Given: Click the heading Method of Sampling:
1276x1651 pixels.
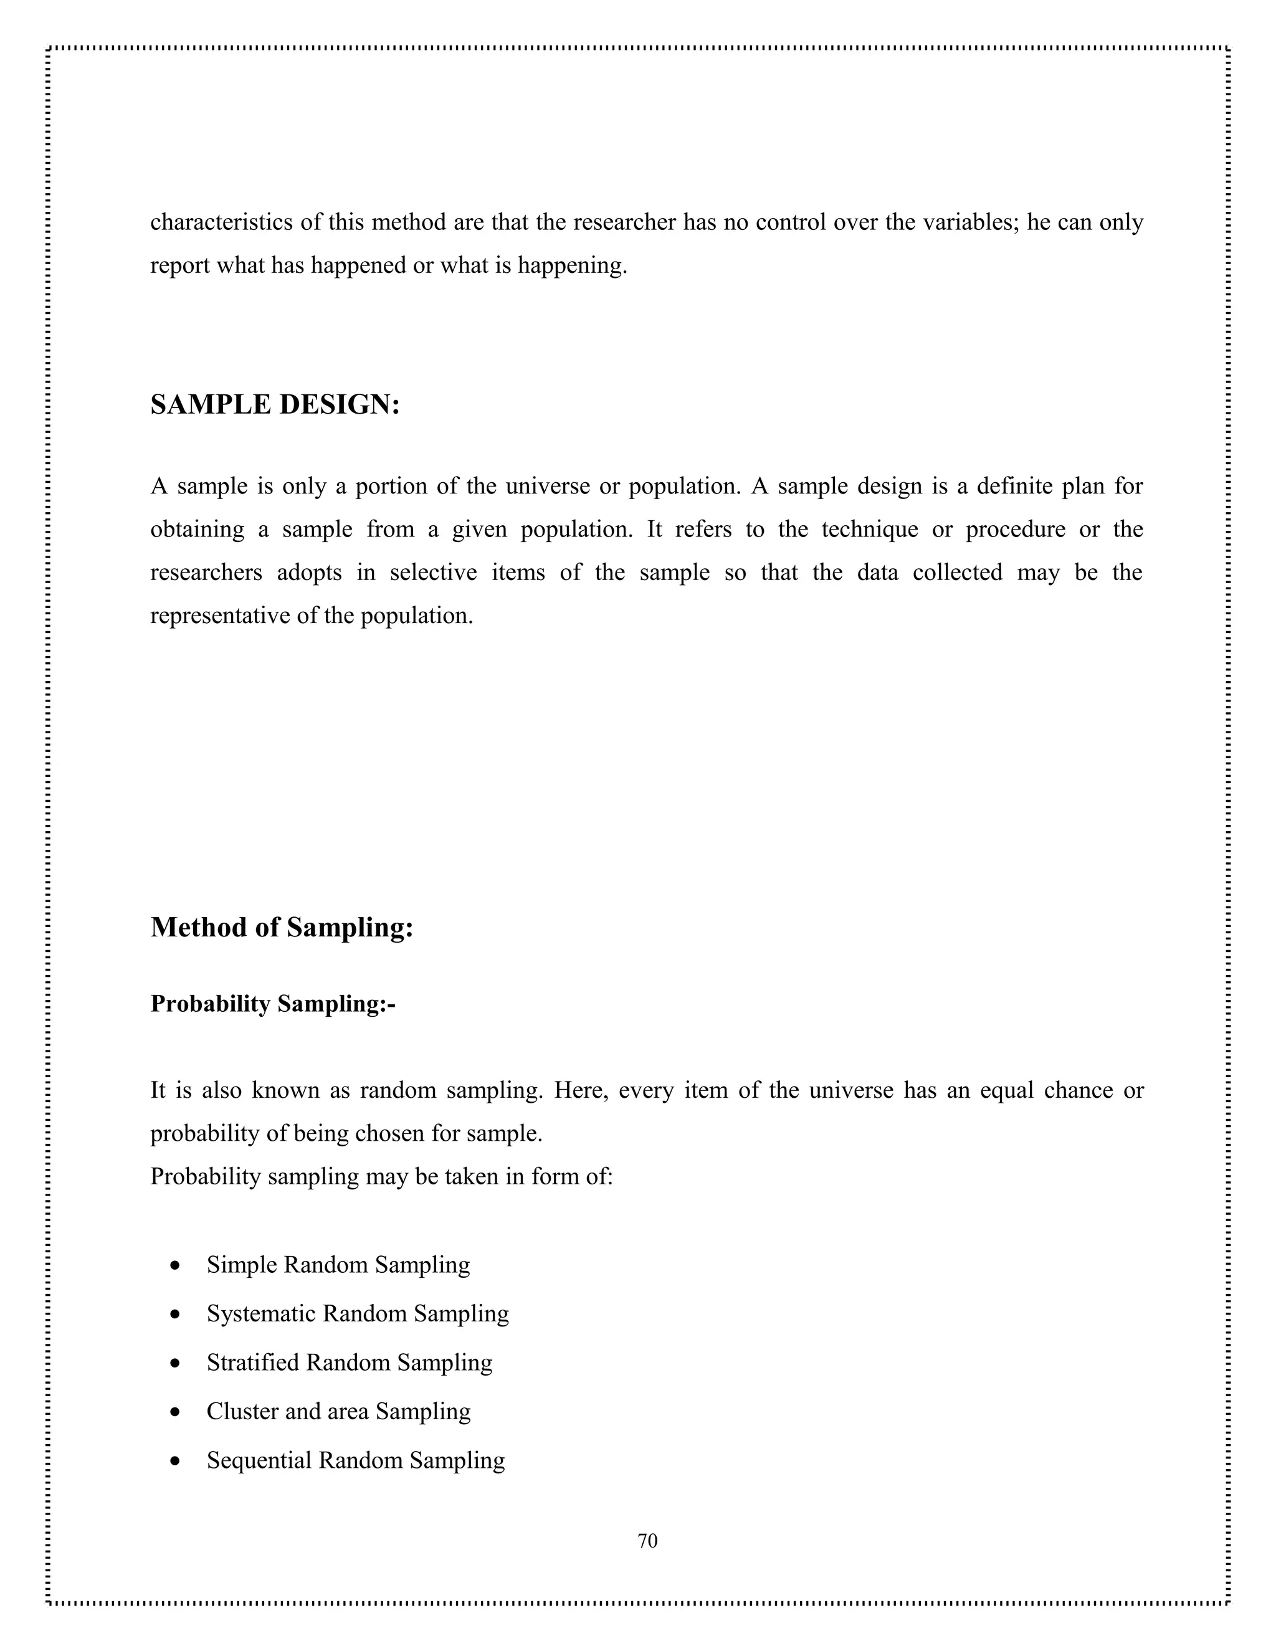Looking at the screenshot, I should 282,928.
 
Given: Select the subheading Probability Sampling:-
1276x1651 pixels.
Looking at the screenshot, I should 273,1004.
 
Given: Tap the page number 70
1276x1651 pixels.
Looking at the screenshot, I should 648,1541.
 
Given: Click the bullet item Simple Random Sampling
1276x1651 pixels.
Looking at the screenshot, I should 338,1265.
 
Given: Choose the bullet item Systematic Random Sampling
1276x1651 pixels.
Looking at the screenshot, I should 358,1314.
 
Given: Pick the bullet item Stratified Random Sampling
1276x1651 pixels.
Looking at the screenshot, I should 350,1362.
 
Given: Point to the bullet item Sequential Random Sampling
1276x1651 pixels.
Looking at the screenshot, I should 355,1460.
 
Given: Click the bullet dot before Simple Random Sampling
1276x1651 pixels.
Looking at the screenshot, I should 175,1266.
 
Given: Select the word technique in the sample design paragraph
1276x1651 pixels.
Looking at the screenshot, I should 869,529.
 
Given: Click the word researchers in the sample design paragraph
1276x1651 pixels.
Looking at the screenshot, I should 206,573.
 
